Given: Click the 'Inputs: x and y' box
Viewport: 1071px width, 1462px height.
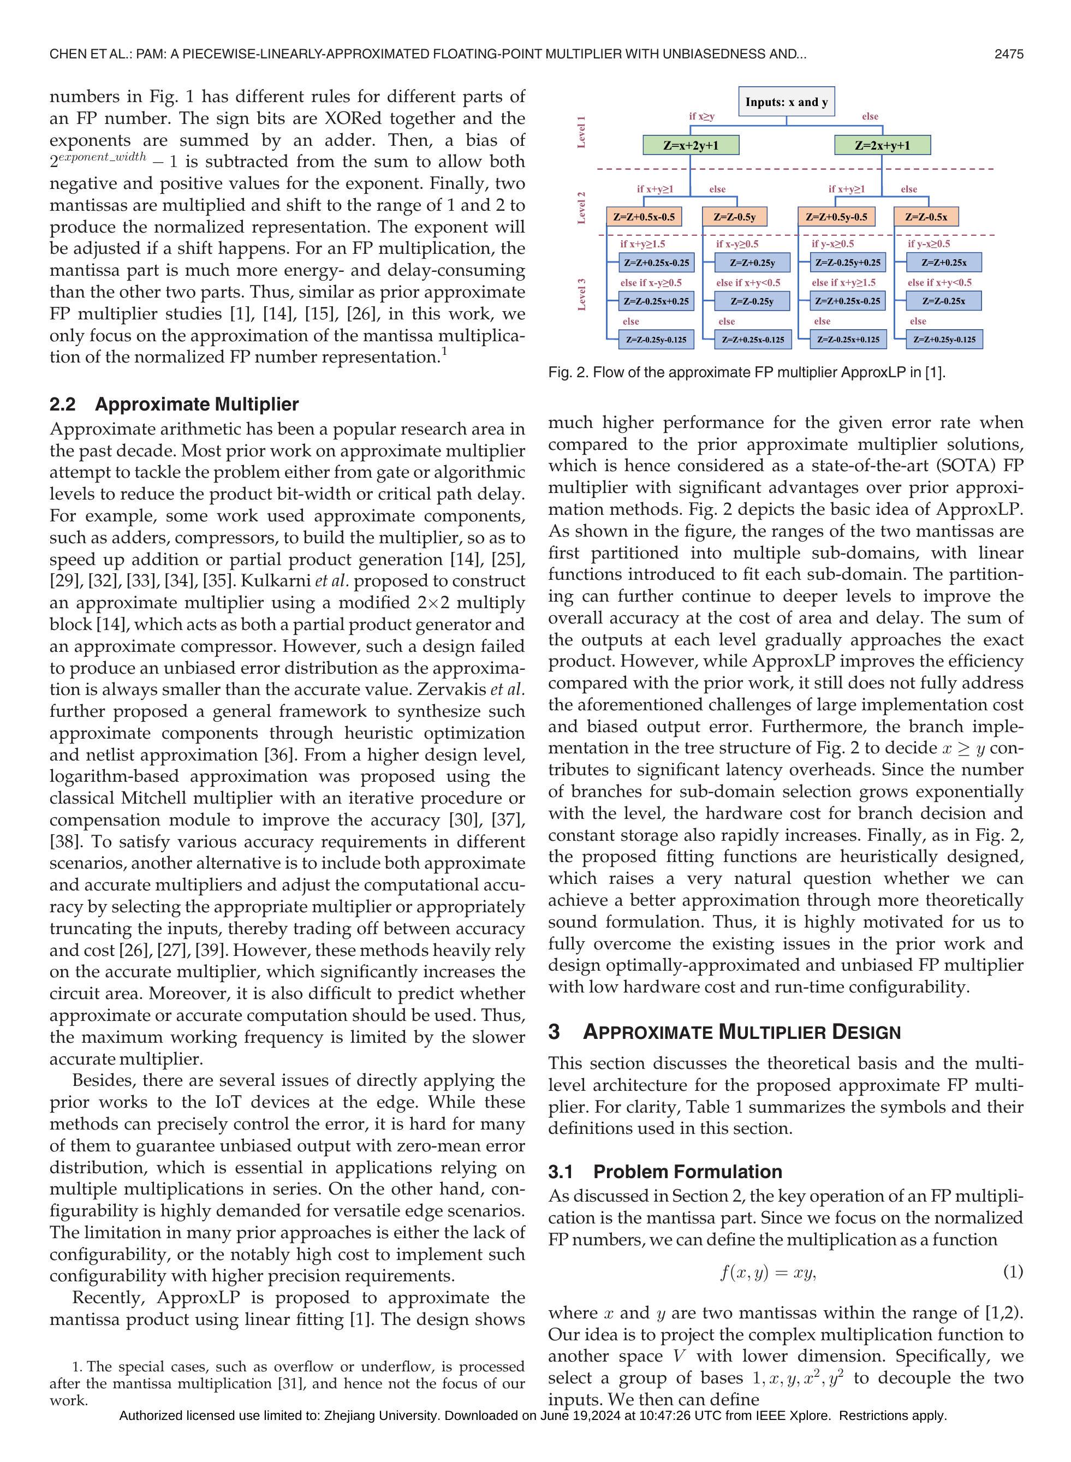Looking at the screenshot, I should (787, 102).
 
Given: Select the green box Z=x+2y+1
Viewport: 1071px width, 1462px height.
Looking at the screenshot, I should (691, 145).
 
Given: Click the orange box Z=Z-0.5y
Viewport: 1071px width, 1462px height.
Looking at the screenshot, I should (735, 217).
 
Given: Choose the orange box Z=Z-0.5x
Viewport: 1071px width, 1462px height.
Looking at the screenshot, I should (926, 217).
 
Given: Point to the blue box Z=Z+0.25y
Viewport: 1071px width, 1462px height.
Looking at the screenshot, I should (752, 263).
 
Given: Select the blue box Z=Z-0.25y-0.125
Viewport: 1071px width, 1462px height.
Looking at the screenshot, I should (656, 339).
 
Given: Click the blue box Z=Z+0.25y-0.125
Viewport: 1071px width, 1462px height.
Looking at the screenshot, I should (944, 339).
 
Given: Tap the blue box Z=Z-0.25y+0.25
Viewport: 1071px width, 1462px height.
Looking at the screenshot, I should (848, 263).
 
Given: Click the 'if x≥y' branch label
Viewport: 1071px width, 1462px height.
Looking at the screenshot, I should (701, 117).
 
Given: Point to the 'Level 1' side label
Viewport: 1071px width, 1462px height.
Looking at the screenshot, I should (581, 132).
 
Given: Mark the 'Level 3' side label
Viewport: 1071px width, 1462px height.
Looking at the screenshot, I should (581, 294).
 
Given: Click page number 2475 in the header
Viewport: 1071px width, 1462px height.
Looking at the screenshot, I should (1009, 55).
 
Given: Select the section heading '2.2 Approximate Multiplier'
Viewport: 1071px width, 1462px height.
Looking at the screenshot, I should (174, 405).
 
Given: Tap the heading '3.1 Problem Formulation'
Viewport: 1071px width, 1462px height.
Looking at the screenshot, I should (665, 1172).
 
